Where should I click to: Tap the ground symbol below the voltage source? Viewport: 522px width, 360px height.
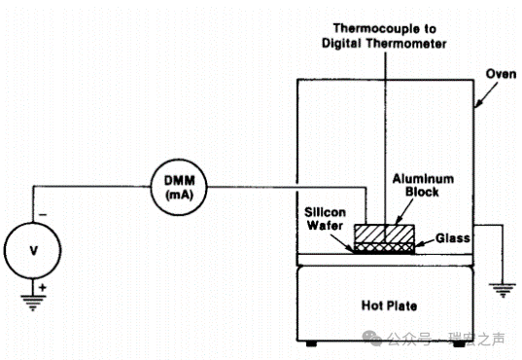(x=33, y=303)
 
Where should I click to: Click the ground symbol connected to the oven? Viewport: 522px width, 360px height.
(x=503, y=290)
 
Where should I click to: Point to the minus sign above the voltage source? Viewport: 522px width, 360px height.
(x=43, y=215)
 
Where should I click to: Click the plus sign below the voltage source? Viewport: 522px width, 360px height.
(x=42, y=287)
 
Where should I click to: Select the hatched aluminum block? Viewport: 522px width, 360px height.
(x=384, y=234)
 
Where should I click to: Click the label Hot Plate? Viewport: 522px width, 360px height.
(x=389, y=306)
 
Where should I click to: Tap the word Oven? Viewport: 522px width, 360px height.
(x=501, y=74)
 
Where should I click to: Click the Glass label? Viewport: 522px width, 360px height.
(x=453, y=238)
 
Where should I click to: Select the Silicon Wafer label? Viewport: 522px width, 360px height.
(x=325, y=219)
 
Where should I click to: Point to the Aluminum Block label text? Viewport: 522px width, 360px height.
(x=423, y=185)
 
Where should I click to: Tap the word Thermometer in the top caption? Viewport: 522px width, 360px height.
(x=406, y=44)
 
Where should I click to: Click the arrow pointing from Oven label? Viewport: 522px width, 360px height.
(x=486, y=94)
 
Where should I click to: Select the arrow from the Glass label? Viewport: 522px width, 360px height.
(x=425, y=242)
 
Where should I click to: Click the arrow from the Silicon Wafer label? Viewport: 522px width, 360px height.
(x=342, y=243)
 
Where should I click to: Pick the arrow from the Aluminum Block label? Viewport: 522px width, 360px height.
(x=403, y=212)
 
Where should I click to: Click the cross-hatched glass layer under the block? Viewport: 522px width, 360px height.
(x=384, y=247)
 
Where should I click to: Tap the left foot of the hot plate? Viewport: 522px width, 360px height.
(x=311, y=343)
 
